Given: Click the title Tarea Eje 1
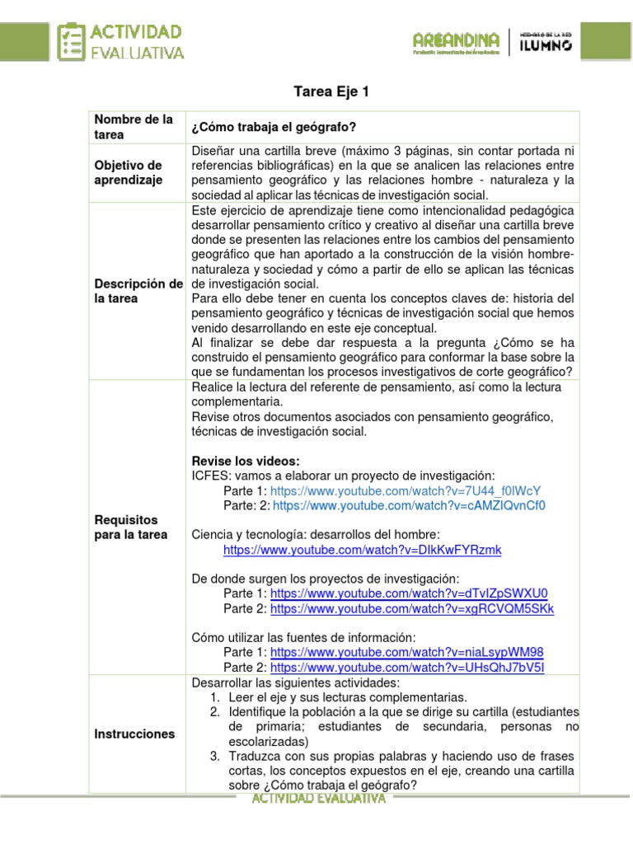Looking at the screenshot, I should pos(331,91).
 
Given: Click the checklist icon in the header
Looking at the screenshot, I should pos(72,41).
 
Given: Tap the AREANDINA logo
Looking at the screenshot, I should pos(456,41).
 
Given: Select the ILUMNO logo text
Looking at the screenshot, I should pos(546,42).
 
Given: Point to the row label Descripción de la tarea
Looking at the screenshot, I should pos(139,291).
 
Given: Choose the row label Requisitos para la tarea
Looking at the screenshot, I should pos(131,527).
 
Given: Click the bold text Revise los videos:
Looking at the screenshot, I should pos(246,461).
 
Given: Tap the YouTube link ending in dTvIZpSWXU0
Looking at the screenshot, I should pos(409,593).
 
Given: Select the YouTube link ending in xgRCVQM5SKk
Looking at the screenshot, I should pos(412,608).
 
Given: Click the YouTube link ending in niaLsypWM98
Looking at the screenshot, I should pos(407,653).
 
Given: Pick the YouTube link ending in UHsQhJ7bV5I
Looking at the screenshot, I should pos(407,668).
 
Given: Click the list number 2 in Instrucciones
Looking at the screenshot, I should pos(214,711).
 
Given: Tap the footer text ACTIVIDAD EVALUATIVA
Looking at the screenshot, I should pos(318,799).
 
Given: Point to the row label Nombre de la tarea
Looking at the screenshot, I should pos(133,126).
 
